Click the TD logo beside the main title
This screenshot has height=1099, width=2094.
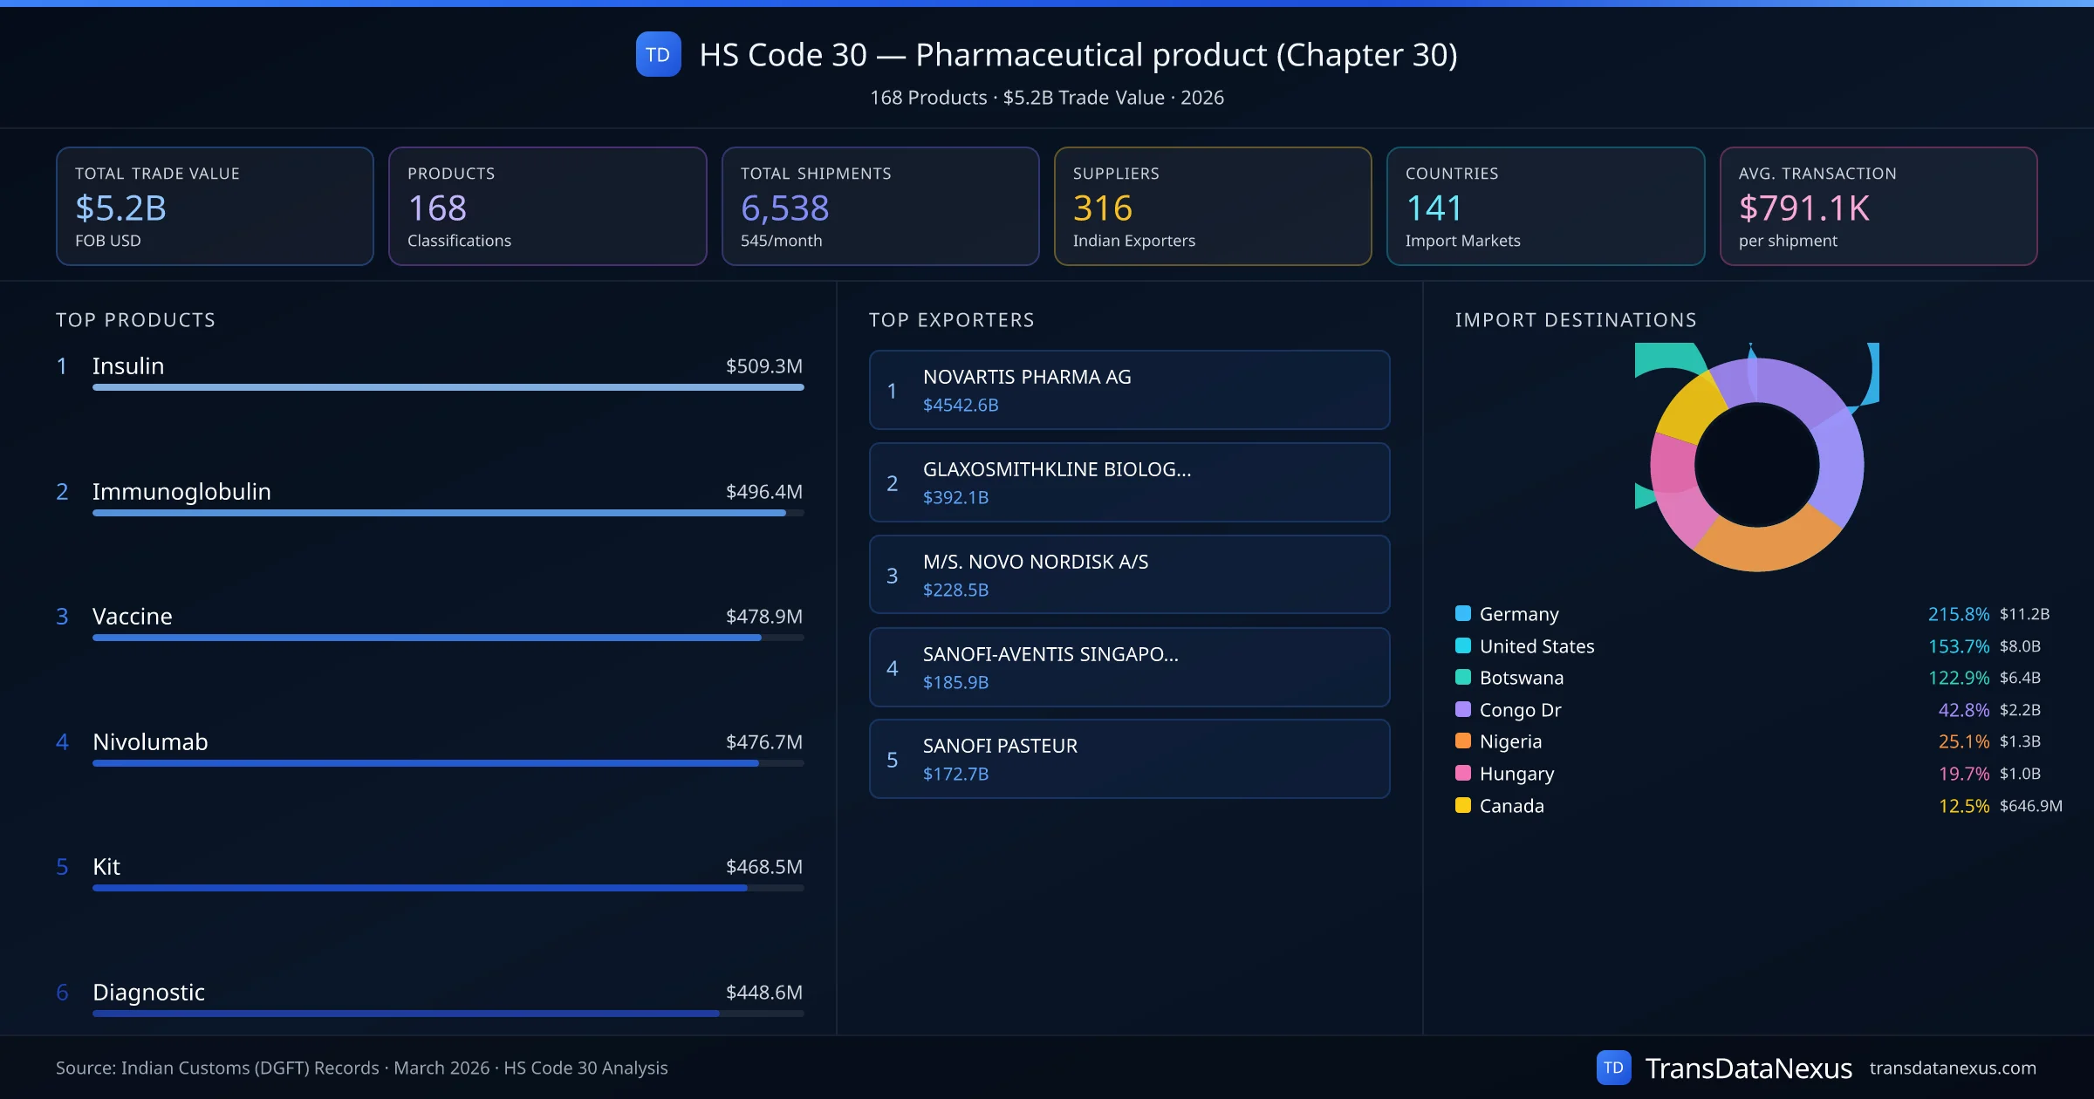point(658,55)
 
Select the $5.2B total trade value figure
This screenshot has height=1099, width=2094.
point(120,208)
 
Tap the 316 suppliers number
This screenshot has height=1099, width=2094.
point(1102,208)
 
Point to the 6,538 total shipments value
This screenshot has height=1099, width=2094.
point(784,208)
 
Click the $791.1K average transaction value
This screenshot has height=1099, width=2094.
point(1803,208)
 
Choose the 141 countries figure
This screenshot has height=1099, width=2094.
point(1434,208)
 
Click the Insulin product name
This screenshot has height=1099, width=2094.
point(128,366)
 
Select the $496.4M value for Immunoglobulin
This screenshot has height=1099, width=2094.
point(763,492)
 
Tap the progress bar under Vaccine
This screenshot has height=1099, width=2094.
point(428,638)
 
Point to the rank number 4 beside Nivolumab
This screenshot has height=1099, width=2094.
point(62,742)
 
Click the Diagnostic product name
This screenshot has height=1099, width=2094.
point(148,993)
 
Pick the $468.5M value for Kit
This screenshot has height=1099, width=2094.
point(763,867)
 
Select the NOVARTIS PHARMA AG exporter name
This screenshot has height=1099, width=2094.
point(1027,378)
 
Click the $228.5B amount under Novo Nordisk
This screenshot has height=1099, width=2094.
point(955,590)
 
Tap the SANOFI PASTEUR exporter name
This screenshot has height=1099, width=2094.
point(1000,747)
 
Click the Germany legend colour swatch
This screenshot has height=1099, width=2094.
point(1463,614)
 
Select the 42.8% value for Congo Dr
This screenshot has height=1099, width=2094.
point(1963,710)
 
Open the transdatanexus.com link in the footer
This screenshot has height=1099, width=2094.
point(1952,1068)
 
